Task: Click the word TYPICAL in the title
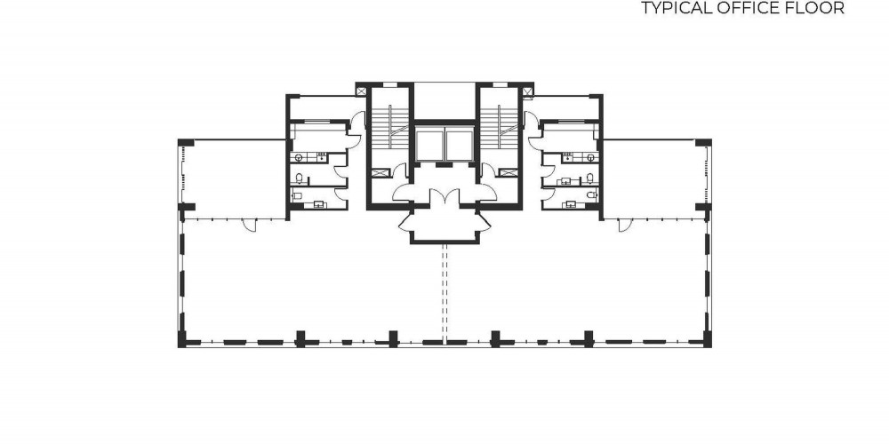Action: coord(672,8)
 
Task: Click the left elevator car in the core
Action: coord(428,145)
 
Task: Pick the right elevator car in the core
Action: coord(460,145)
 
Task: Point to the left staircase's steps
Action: coord(389,127)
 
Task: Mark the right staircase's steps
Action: coord(500,127)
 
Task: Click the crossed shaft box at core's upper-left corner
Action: coord(361,90)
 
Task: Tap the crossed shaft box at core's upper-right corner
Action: coord(527,90)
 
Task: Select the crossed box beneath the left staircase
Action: coord(381,173)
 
